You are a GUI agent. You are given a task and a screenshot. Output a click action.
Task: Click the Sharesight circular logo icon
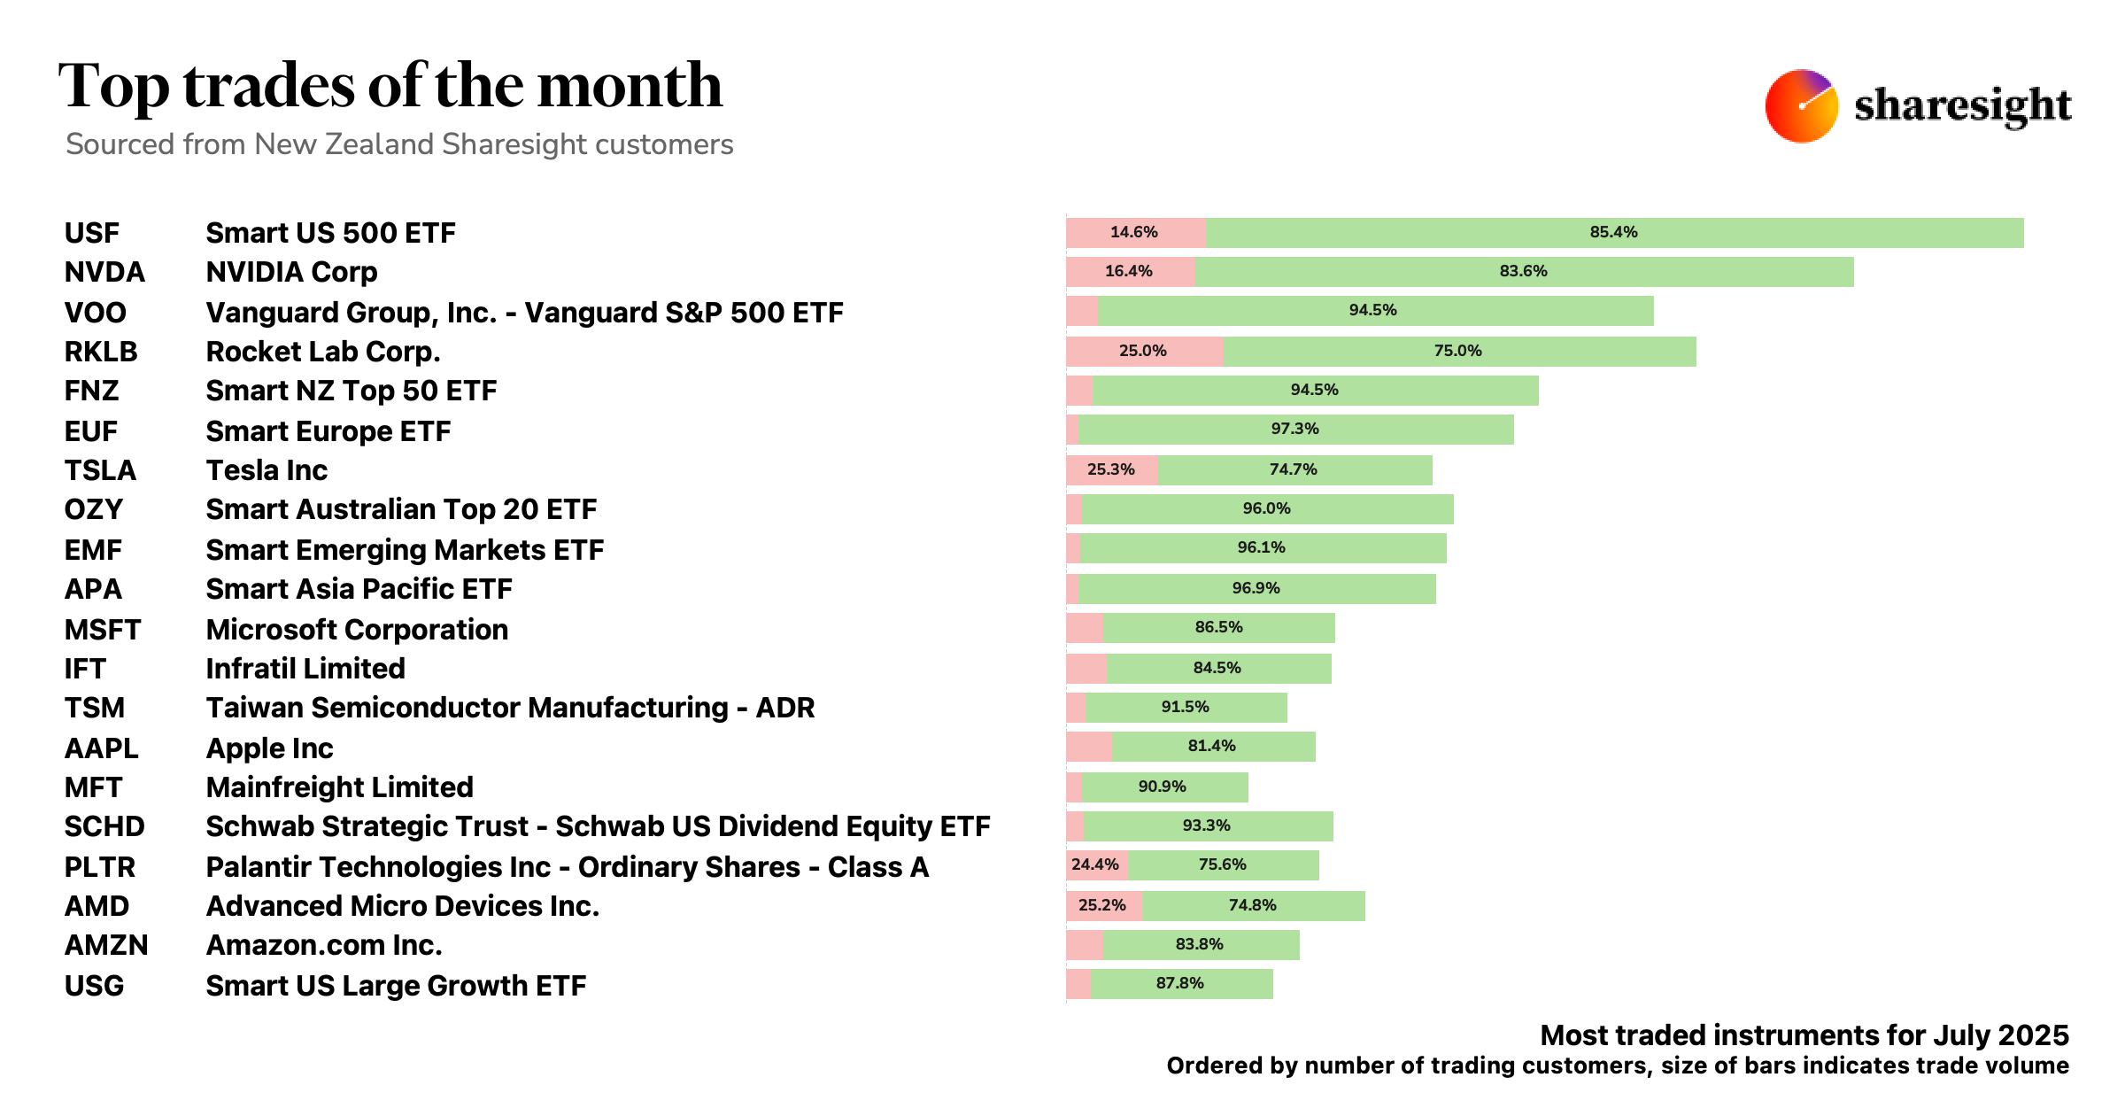[1801, 106]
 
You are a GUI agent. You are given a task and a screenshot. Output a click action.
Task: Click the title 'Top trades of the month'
[390, 86]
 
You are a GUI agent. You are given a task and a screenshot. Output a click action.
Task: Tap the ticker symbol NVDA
[104, 272]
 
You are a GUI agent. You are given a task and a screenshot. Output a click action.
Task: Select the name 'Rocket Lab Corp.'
[323, 352]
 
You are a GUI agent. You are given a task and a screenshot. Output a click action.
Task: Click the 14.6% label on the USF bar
[1133, 232]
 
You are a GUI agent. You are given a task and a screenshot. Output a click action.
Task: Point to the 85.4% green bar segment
[1613, 232]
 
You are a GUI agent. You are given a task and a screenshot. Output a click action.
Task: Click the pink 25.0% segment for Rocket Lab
[1143, 351]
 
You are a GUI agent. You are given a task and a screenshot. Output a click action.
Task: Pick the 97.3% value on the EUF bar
[1294, 429]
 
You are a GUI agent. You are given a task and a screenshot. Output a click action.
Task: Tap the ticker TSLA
[100, 470]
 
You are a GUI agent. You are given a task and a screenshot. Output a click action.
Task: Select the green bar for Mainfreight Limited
[1163, 787]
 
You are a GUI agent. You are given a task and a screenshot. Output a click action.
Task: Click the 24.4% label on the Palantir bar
[1095, 864]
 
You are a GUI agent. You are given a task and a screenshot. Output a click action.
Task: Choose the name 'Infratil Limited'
[305, 669]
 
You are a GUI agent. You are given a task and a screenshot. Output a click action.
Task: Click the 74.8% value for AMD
[1252, 905]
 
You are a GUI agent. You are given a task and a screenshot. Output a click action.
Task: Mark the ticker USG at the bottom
[94, 986]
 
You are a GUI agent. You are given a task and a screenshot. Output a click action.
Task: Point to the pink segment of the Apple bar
[1088, 747]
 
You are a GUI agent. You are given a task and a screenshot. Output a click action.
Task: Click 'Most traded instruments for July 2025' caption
[1804, 1035]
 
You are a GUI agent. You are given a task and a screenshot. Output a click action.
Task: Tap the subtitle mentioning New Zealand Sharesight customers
[399, 144]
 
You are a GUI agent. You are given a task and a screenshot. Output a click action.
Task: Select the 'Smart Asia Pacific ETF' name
[359, 589]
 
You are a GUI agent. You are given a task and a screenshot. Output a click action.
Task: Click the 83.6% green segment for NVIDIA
[1523, 271]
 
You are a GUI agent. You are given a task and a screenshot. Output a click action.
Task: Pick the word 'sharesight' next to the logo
[1962, 106]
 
